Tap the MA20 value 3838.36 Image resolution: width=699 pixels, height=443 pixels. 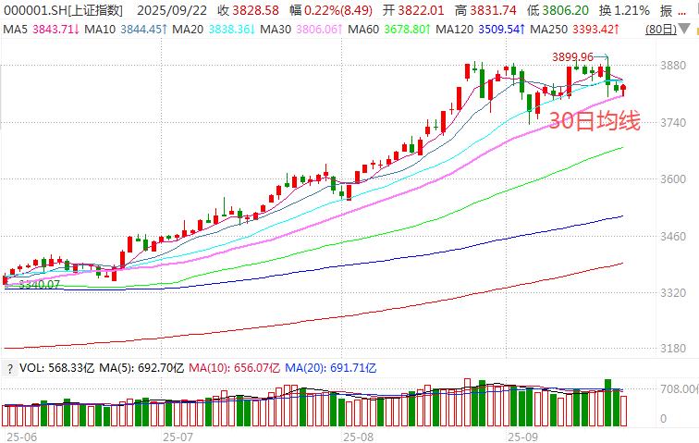(x=228, y=31)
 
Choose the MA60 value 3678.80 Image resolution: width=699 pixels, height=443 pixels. (x=405, y=31)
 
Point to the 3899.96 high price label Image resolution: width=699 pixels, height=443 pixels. (x=573, y=57)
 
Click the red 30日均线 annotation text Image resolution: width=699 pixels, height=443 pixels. (x=594, y=120)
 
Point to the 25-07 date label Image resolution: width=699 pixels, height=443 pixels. (x=177, y=434)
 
